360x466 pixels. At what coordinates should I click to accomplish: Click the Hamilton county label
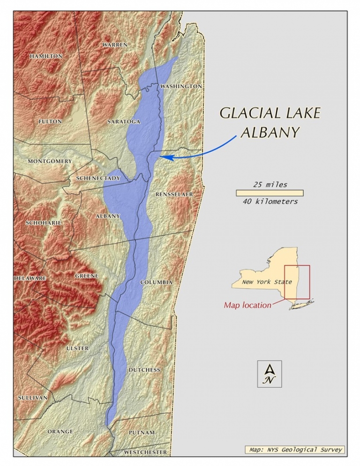click(x=46, y=56)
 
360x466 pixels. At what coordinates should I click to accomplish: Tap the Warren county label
click(x=114, y=44)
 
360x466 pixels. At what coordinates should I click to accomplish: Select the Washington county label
click(x=181, y=87)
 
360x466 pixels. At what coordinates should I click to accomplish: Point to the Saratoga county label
click(x=124, y=122)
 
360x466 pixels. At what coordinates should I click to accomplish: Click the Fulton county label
click(x=50, y=121)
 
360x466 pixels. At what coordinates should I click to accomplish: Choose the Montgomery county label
click(x=50, y=161)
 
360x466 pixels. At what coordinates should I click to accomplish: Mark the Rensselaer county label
click(x=174, y=194)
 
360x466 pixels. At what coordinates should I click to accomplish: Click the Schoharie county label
click(x=44, y=223)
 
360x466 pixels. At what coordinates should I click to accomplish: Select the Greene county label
click(x=87, y=276)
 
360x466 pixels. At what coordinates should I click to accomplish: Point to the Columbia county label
click(x=157, y=282)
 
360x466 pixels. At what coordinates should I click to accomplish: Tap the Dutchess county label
click(x=144, y=370)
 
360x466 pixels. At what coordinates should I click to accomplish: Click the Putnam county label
click(x=142, y=433)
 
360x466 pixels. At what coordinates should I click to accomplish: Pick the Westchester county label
click(x=145, y=452)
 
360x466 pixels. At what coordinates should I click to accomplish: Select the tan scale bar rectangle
click(x=270, y=193)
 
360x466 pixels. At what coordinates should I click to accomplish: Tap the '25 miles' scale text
click(x=270, y=185)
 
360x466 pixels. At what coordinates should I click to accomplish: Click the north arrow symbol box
click(x=270, y=374)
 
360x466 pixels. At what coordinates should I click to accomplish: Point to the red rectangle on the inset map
click(x=297, y=281)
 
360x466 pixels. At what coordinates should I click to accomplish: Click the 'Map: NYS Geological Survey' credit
click(x=295, y=450)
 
